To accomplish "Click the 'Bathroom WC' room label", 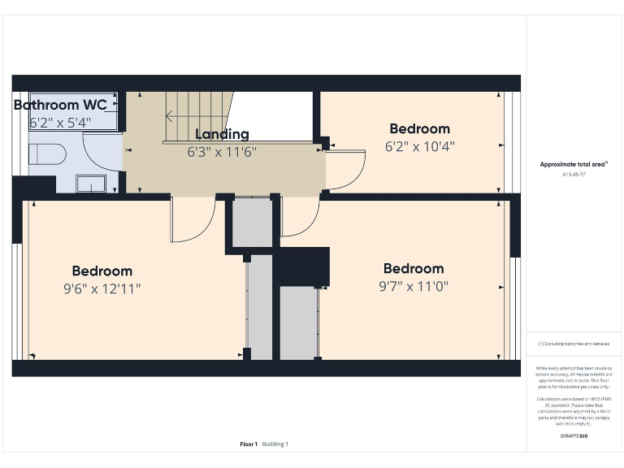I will pos(60,106).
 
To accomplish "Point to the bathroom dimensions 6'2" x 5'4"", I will pos(61,123).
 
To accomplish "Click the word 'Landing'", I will pos(222,134).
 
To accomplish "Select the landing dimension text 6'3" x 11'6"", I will pos(223,151).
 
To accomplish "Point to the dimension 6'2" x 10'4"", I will pos(419,146).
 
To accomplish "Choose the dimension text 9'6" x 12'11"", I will pos(102,288).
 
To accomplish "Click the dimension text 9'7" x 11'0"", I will pos(414,286).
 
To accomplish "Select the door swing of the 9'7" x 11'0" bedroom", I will pos(299,218).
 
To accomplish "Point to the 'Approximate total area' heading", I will pos(574,164).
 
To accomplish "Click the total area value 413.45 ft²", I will pos(574,175).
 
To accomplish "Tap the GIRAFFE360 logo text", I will pos(574,437).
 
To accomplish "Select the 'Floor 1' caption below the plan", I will pos(248,444).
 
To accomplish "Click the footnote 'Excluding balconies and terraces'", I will pos(574,344).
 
